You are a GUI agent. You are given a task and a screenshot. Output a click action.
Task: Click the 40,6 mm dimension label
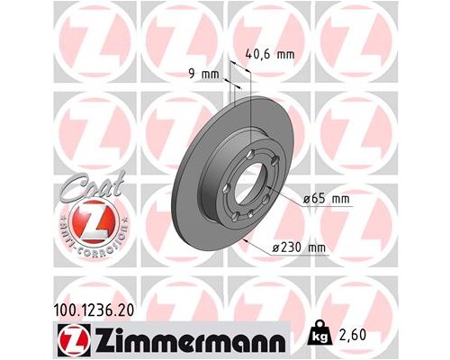[270, 53]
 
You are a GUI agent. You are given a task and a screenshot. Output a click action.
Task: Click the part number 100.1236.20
[104, 309]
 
